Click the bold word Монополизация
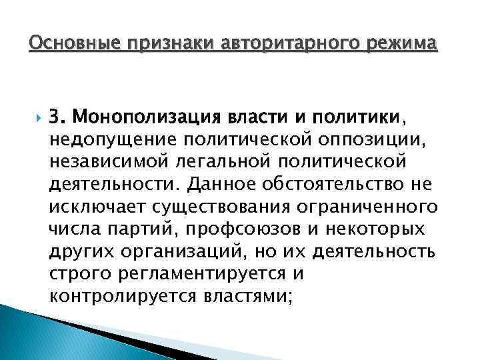coord(153,118)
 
